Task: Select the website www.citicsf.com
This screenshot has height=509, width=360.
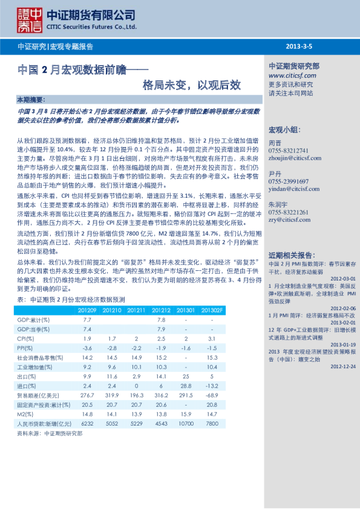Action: [x=292, y=76]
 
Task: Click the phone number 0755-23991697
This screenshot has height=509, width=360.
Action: [x=288, y=181]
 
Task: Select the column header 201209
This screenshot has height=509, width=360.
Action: [x=87, y=310]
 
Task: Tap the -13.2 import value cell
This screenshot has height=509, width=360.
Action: [x=212, y=385]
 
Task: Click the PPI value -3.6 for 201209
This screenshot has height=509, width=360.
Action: [x=87, y=348]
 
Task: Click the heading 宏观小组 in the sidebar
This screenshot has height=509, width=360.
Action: [x=284, y=130]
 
